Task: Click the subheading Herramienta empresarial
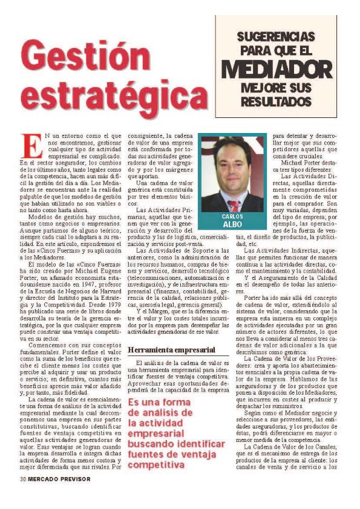pyautogui.click(x=171, y=349)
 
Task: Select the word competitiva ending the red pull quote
pyautogui.click(x=157, y=465)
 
